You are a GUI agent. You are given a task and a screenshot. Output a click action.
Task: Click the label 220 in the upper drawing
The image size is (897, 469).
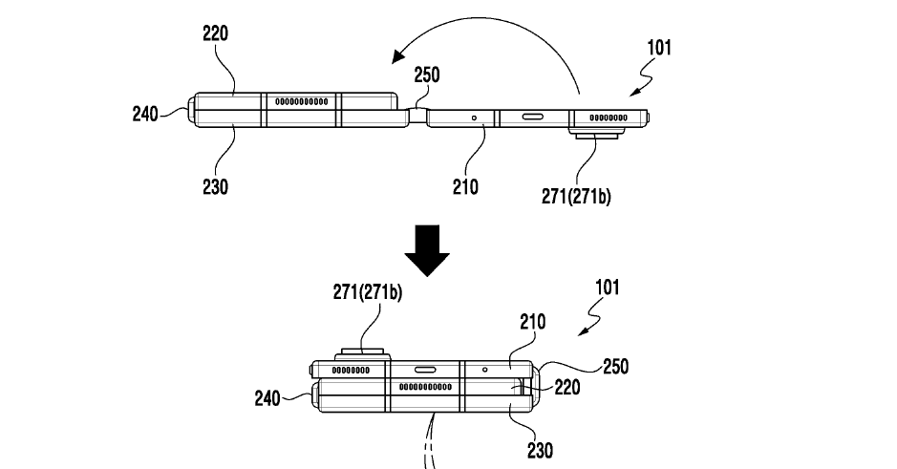(216, 33)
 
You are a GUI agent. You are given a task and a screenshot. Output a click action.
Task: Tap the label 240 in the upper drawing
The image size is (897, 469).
(145, 114)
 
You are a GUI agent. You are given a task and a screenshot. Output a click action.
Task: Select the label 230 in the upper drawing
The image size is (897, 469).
(216, 187)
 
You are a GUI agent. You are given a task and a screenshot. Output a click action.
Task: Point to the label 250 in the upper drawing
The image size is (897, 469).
(427, 75)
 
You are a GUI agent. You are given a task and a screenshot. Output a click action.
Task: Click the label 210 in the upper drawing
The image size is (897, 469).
(465, 187)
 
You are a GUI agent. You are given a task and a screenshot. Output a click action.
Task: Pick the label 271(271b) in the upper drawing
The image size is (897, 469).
(576, 196)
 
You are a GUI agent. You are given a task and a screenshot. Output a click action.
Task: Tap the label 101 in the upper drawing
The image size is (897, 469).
(659, 48)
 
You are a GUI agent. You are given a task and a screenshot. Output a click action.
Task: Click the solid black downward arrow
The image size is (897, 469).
(427, 250)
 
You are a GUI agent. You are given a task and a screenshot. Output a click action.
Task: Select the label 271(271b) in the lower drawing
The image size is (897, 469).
(367, 292)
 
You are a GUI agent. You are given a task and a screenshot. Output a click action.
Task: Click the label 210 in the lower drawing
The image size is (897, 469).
(533, 322)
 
